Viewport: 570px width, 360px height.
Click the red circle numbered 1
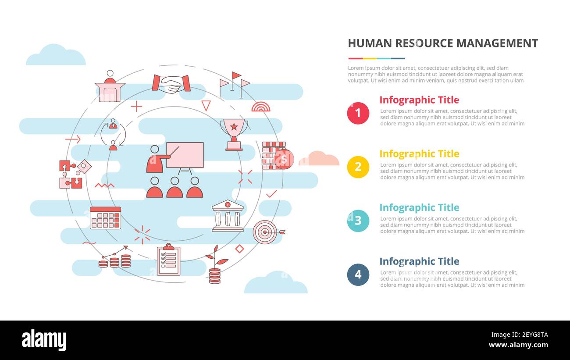(358, 113)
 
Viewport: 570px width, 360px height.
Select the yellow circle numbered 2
(358, 167)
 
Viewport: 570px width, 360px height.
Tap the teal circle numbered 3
(358, 221)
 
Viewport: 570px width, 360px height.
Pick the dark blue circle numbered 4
(358, 274)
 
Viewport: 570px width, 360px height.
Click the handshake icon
(171, 83)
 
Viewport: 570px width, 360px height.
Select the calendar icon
(105, 218)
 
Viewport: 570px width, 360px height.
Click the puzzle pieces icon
(74, 174)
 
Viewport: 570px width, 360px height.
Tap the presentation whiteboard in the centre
(185, 155)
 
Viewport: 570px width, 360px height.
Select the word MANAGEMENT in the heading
(497, 43)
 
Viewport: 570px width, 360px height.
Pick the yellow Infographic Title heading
(419, 154)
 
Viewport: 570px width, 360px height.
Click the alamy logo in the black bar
(44, 340)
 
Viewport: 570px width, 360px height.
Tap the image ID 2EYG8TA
(518, 335)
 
